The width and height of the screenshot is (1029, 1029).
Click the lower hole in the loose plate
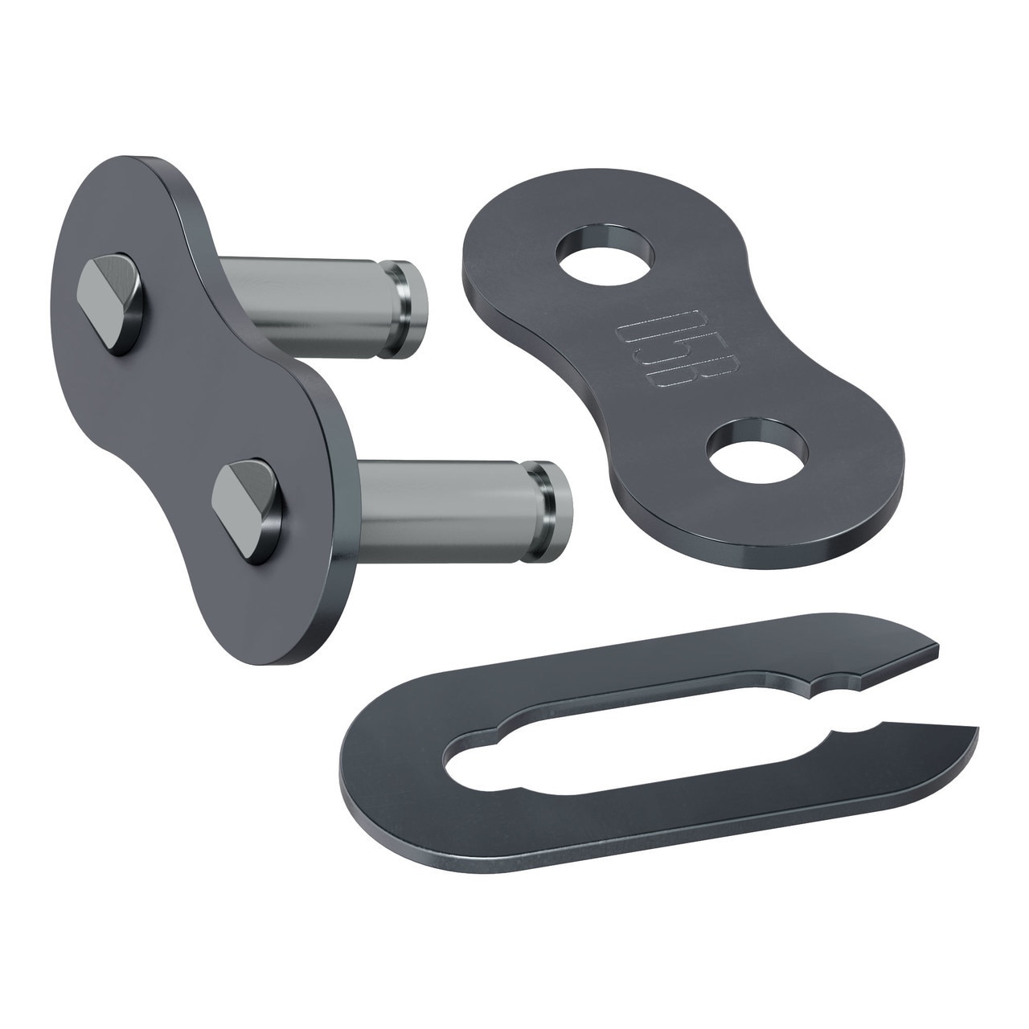coord(756,452)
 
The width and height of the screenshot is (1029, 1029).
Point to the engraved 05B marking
coord(654,354)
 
